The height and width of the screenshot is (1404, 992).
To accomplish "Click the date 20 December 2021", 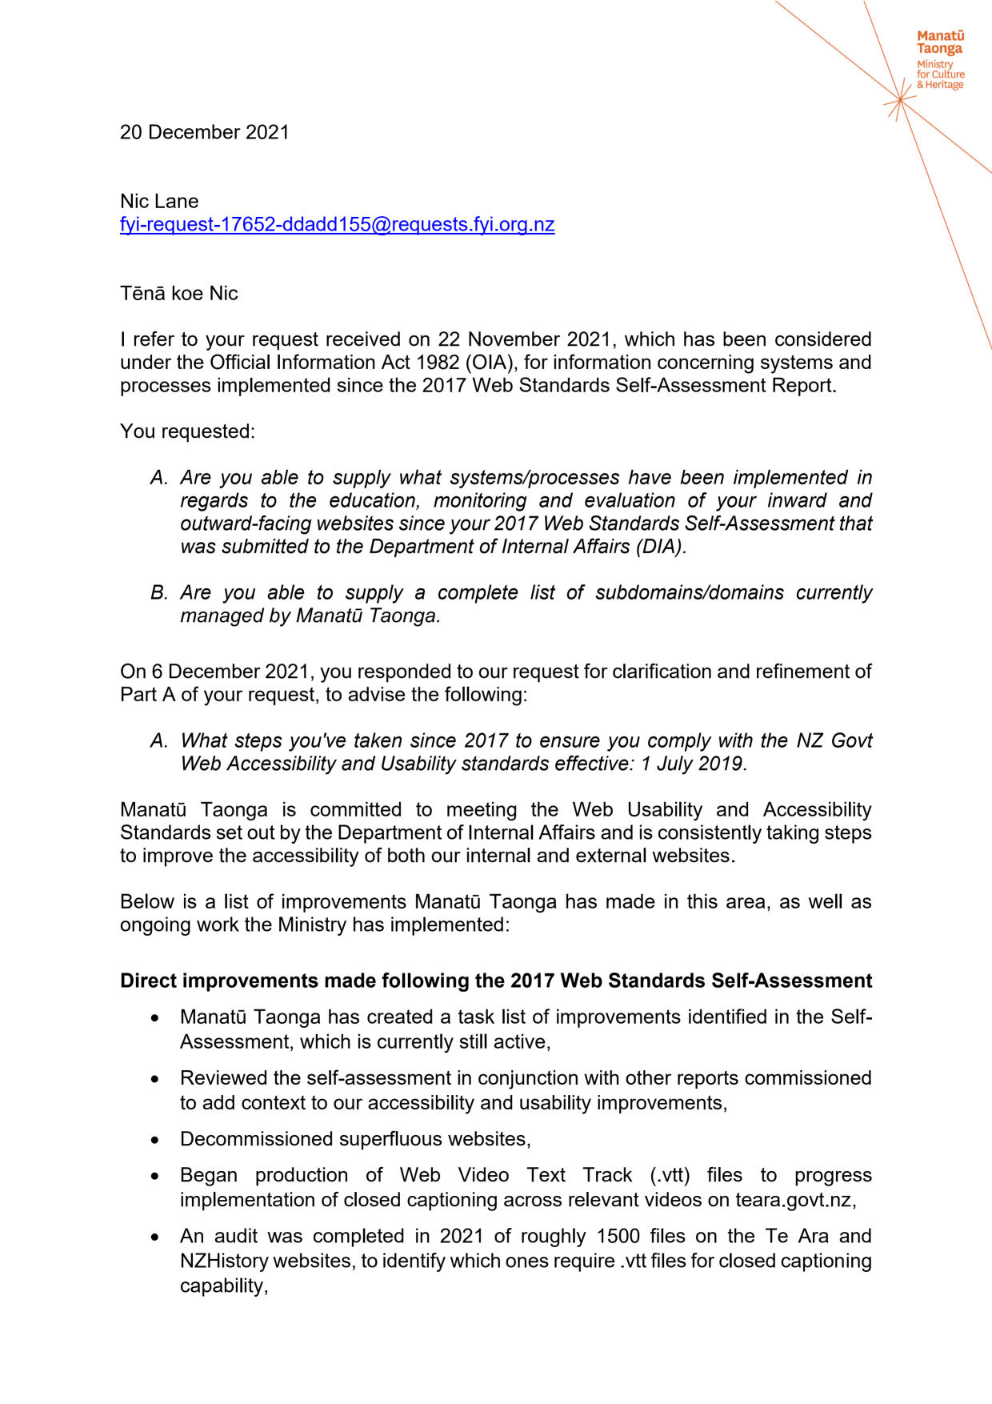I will click(205, 132).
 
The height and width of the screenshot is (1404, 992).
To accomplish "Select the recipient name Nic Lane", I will click(159, 201).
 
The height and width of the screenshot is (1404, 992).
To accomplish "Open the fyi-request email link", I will click(337, 224).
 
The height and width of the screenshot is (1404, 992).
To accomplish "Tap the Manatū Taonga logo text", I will click(940, 42).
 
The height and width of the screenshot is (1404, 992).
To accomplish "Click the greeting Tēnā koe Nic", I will click(179, 293).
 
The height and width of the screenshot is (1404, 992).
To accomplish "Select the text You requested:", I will click(187, 431).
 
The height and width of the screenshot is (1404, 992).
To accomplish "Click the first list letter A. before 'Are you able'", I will click(159, 478).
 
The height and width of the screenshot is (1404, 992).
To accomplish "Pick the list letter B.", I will click(159, 593).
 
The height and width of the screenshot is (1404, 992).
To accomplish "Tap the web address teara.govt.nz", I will click(794, 1200).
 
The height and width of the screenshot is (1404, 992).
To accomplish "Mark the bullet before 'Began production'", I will click(154, 1176).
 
